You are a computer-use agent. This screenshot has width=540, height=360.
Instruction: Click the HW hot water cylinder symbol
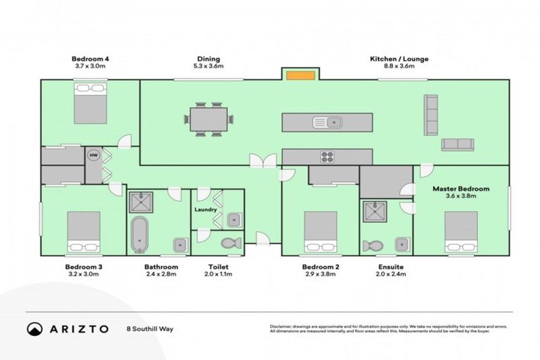[93, 155]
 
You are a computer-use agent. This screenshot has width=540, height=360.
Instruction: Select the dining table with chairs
[208, 120]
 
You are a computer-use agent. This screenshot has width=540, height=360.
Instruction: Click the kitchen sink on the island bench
[328, 122]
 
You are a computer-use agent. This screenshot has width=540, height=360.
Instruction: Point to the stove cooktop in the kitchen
[328, 157]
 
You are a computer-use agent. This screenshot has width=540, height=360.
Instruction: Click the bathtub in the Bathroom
[139, 236]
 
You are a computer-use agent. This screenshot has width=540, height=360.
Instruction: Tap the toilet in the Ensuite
[372, 246]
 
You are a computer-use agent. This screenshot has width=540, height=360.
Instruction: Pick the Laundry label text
[205, 210]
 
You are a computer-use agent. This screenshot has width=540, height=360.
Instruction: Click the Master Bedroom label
[460, 188]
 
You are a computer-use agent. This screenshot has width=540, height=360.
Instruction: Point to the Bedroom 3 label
[84, 267]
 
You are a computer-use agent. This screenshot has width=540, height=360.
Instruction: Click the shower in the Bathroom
[140, 204]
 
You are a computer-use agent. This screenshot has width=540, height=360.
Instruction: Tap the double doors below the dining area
[266, 161]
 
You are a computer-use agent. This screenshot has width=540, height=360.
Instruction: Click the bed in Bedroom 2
[320, 233]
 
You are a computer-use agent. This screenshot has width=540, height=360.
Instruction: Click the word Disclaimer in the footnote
[282, 326]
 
